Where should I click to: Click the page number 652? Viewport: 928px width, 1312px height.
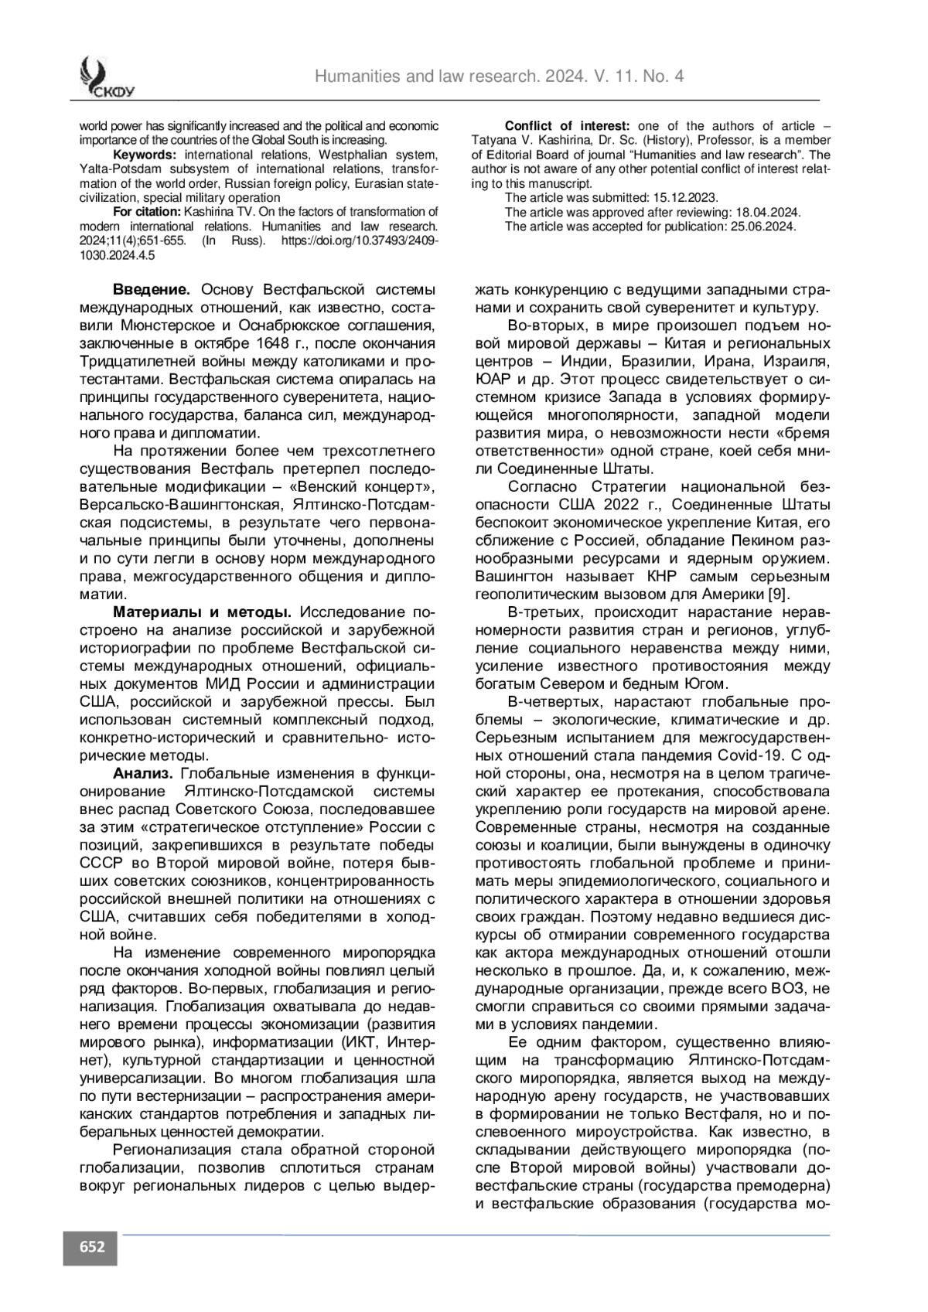90,1247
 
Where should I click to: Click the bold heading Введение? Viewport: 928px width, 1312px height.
152,290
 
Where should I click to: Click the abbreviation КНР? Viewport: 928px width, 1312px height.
663,576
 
